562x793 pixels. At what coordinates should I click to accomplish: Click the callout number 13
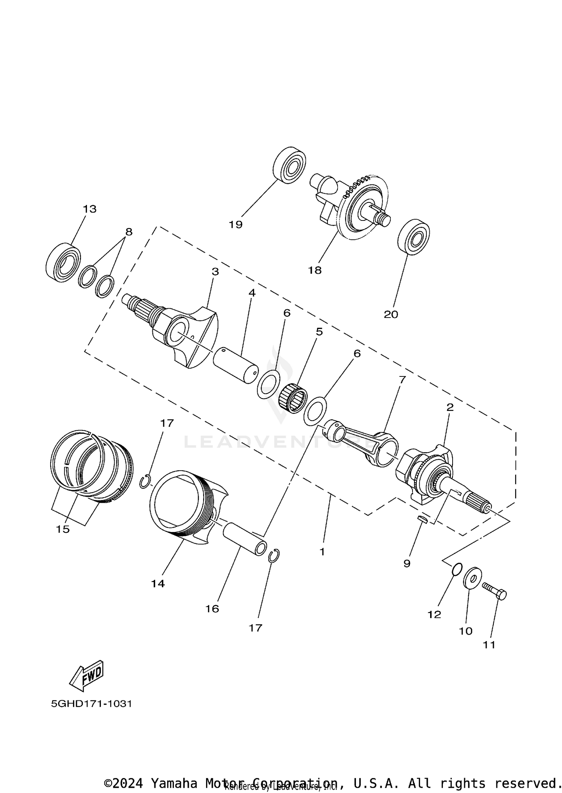[x=90, y=209]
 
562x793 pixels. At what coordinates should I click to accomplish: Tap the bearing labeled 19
[x=289, y=165]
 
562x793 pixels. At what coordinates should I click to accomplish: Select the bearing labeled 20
[x=413, y=237]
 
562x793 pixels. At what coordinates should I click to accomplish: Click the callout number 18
[x=315, y=270]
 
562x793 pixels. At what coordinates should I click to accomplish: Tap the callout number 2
[x=450, y=407]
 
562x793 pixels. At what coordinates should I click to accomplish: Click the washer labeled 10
[x=472, y=580]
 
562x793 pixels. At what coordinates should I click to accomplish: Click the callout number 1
[x=322, y=552]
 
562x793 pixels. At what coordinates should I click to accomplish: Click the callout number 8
[x=129, y=232]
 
